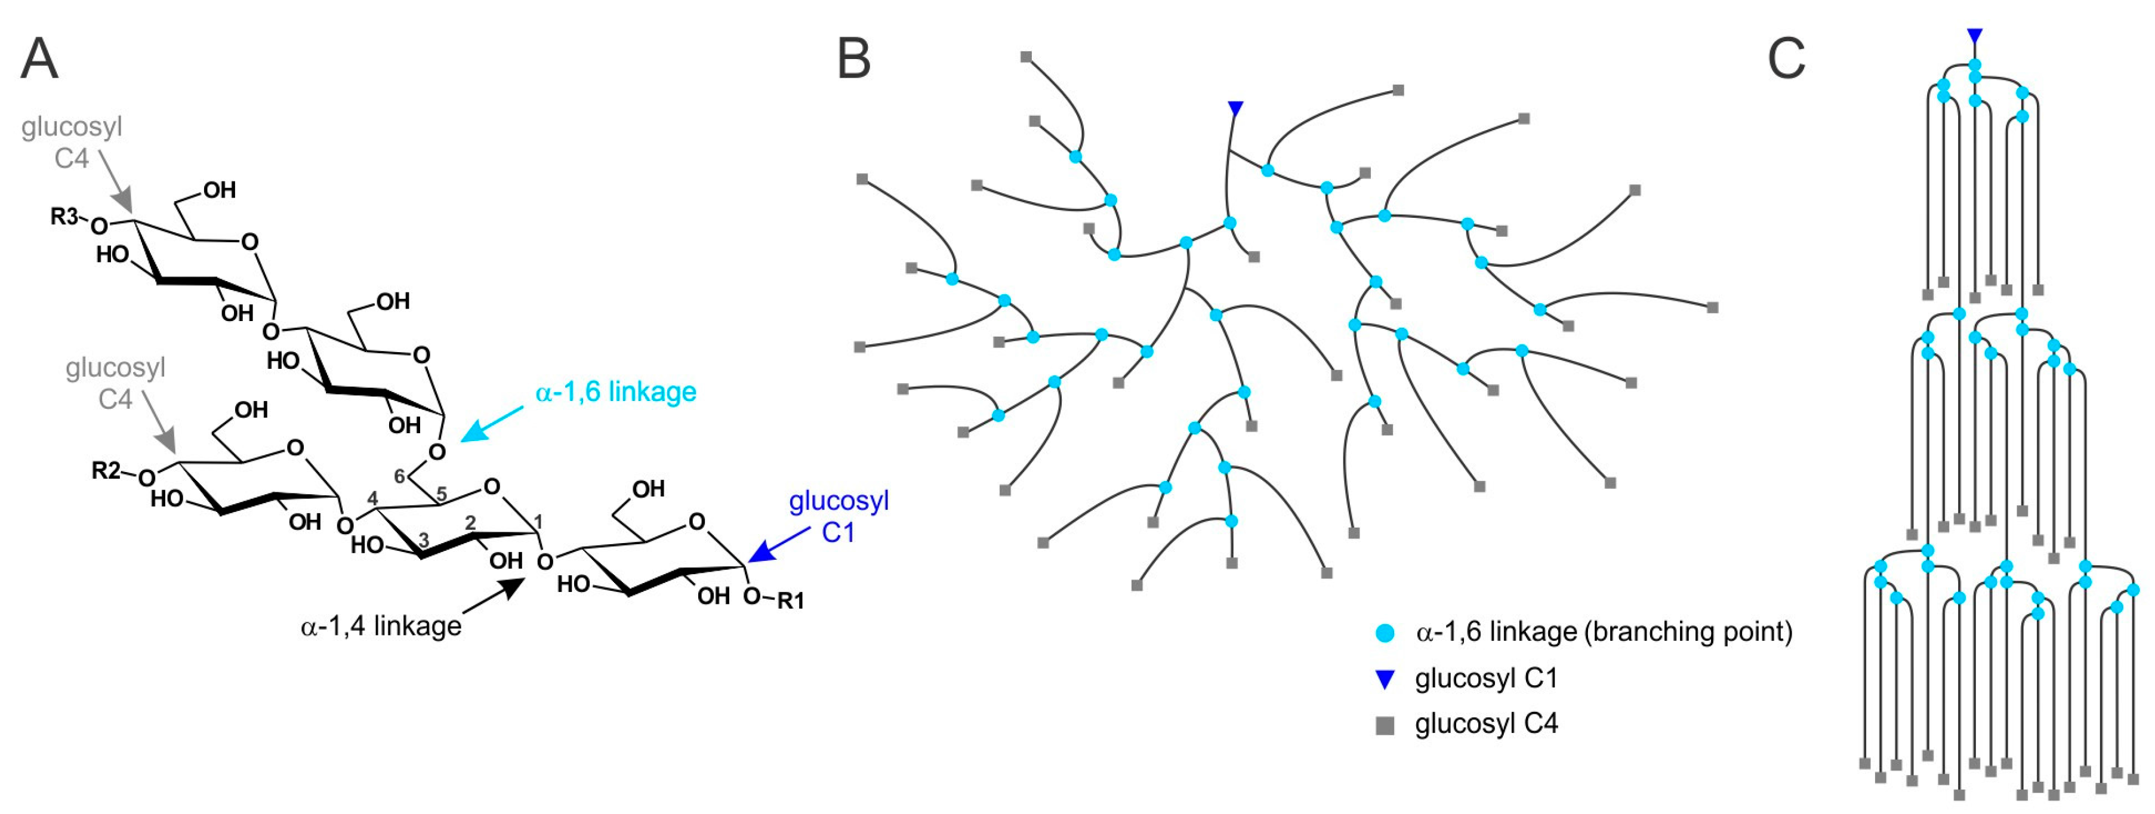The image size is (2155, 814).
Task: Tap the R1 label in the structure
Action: point(791,600)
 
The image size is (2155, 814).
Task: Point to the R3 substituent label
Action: point(64,217)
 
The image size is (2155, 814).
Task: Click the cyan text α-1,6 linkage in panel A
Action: point(616,391)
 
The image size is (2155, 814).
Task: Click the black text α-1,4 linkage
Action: point(381,626)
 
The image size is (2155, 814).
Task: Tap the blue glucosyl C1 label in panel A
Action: point(838,516)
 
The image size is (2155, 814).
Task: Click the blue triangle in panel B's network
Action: point(1235,108)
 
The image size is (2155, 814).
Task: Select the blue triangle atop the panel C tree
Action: point(1974,36)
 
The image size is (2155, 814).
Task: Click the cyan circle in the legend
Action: point(1385,633)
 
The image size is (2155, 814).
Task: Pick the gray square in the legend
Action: point(1385,725)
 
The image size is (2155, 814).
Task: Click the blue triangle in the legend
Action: point(1385,679)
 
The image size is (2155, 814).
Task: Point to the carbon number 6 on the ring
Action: point(400,476)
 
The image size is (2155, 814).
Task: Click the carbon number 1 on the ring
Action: point(538,522)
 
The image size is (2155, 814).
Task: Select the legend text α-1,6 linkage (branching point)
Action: point(1604,631)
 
